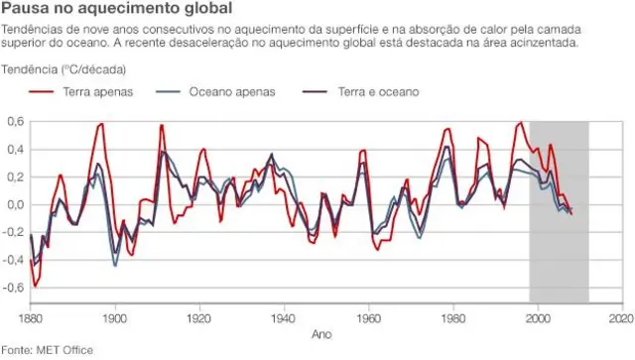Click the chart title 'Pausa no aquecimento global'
pyautogui.click(x=102, y=10)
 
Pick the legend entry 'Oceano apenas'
pyautogui.click(x=231, y=91)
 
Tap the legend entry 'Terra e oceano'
pyautogui.click(x=379, y=91)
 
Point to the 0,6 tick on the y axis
pyautogui.click(x=15, y=121)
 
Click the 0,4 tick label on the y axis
pyautogui.click(x=15, y=149)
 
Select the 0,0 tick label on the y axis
pyautogui.click(x=15, y=204)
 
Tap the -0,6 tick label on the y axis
pyautogui.click(x=13, y=288)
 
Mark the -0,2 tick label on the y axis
pyautogui.click(x=13, y=232)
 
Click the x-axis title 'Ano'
pyautogui.click(x=321, y=334)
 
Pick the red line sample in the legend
pyautogui.click(x=41, y=91)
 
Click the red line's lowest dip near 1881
pyautogui.click(x=36, y=287)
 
